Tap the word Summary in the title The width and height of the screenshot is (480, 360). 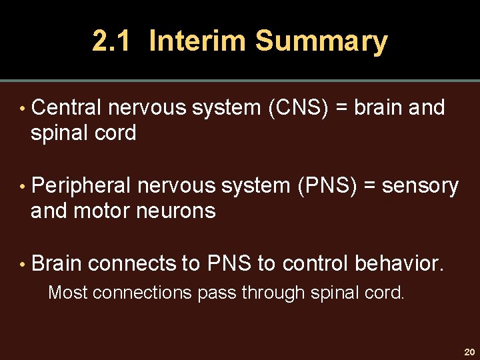pyautogui.click(x=321, y=41)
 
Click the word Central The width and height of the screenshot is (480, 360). pyautogui.click(x=66, y=107)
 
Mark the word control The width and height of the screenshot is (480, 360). pyautogui.click(x=315, y=264)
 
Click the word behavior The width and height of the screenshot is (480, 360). pyautogui.click(x=399, y=264)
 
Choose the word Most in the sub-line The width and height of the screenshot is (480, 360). pyautogui.click(x=68, y=293)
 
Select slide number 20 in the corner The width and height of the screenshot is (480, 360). pyautogui.click(x=469, y=351)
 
